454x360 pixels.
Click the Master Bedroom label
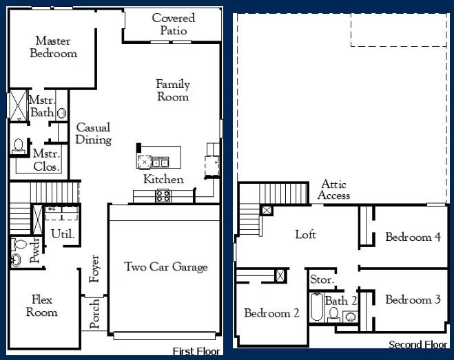click(53, 47)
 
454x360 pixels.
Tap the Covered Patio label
click(173, 24)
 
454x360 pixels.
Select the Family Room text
click(172, 90)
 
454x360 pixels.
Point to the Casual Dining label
click(94, 134)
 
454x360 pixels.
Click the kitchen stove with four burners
click(163, 196)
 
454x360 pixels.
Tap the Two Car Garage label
click(165, 266)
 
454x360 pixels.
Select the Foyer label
click(95, 269)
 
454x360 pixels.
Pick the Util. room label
click(63, 234)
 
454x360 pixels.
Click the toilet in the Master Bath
click(18, 146)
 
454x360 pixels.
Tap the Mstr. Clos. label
click(47, 160)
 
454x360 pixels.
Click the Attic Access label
click(333, 190)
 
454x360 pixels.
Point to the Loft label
click(305, 235)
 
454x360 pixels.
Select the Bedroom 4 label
click(413, 237)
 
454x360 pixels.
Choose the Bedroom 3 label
click(413, 299)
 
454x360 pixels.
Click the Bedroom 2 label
click(271, 313)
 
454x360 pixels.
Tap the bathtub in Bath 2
click(316, 308)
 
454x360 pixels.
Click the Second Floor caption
click(418, 344)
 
